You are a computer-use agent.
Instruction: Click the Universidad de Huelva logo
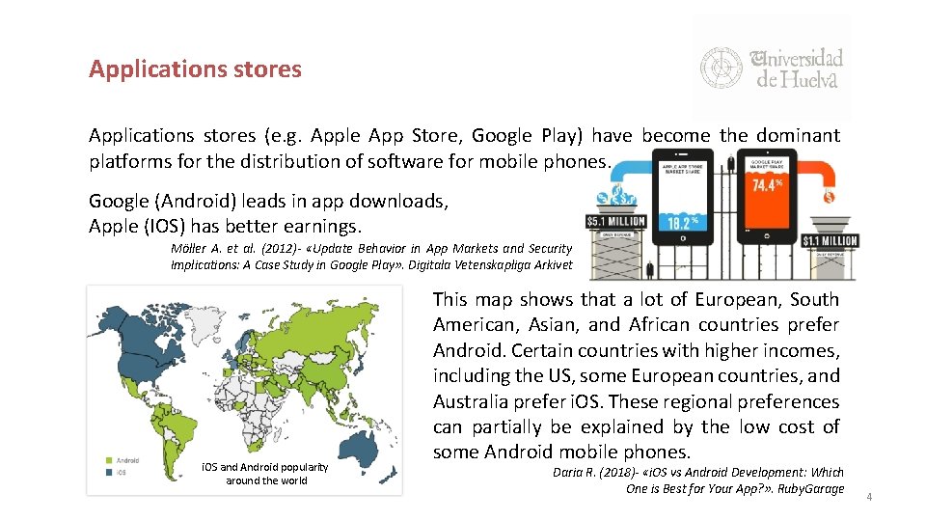(x=771, y=68)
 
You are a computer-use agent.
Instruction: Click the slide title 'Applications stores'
(x=195, y=69)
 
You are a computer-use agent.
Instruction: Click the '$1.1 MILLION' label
(x=829, y=240)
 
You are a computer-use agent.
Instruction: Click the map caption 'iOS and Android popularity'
(x=265, y=468)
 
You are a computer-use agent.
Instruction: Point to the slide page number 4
(x=868, y=497)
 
